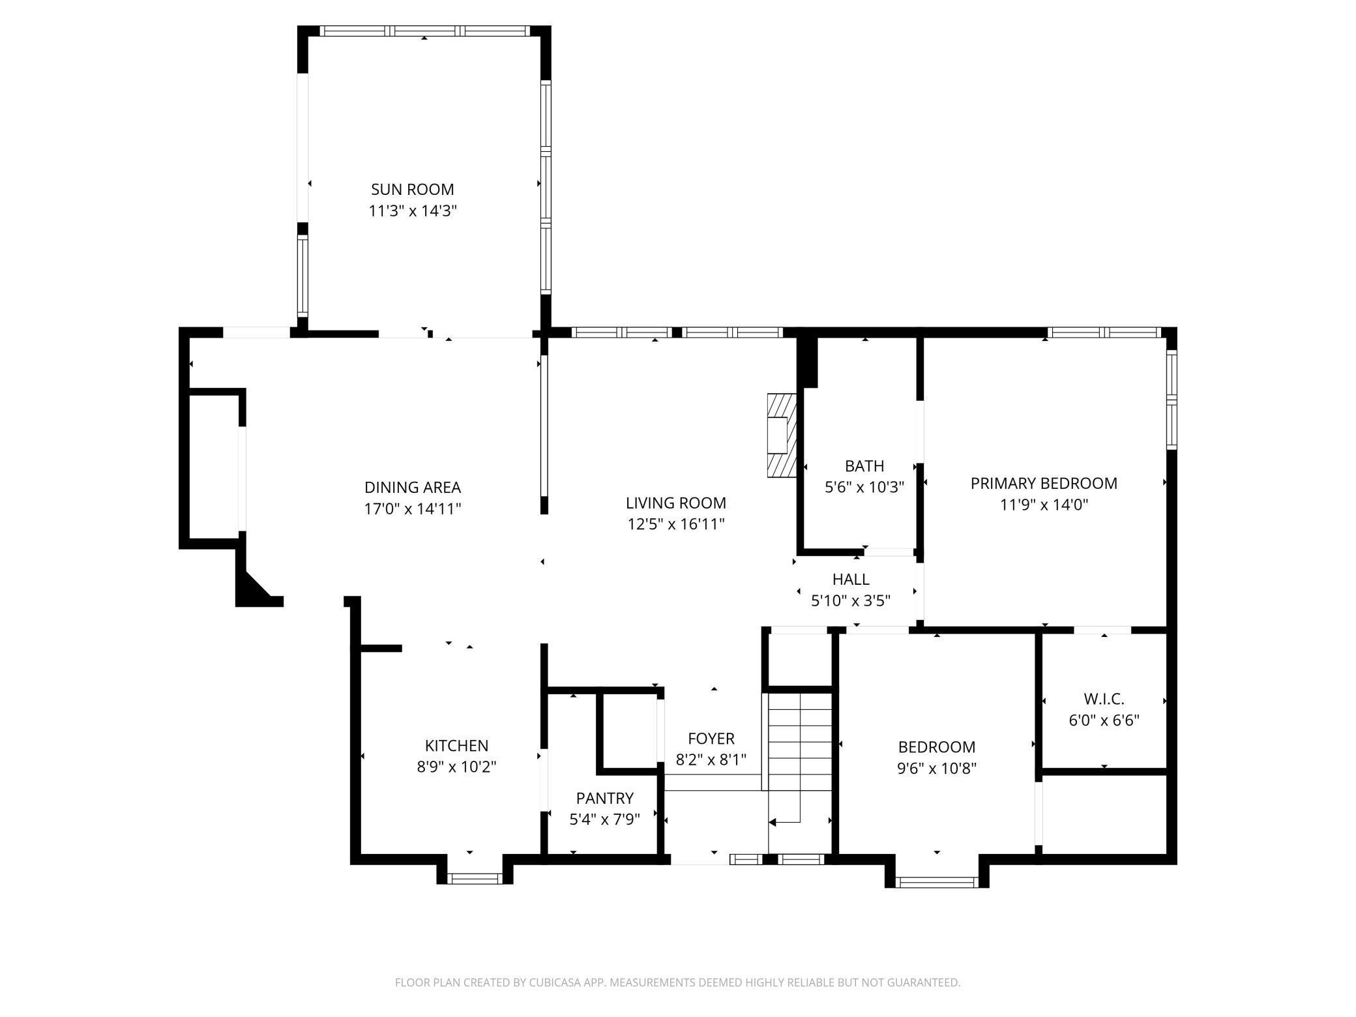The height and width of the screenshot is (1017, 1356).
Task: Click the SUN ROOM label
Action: [x=412, y=190]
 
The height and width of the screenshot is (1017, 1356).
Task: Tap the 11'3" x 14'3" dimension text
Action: [x=413, y=211]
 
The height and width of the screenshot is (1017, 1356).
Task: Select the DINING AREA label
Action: [x=413, y=488]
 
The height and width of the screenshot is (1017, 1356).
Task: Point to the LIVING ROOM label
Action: [x=676, y=503]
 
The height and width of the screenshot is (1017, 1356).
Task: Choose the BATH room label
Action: [x=864, y=466]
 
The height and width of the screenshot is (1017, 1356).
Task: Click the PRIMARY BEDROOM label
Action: [x=1044, y=484]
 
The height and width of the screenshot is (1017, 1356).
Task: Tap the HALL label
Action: [x=851, y=580]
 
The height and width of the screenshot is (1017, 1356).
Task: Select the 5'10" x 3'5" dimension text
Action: [x=851, y=600]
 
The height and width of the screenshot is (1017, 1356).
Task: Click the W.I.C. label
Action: [x=1104, y=700]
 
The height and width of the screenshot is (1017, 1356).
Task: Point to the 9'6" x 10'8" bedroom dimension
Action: [x=937, y=768]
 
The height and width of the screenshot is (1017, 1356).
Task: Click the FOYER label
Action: [x=711, y=739]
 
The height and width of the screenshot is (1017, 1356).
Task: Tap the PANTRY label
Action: [x=605, y=799]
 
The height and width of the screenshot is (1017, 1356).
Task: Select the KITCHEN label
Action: [x=456, y=746]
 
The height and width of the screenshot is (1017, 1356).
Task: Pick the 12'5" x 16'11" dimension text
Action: [x=676, y=524]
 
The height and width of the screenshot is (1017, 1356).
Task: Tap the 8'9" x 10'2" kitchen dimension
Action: [x=456, y=767]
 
